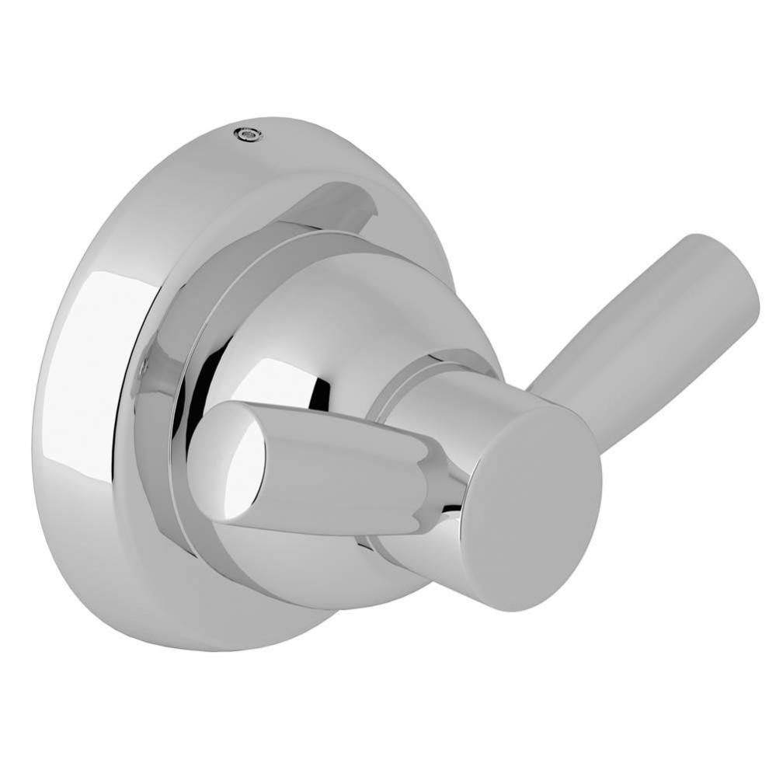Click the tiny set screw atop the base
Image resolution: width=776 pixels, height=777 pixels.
click(248, 134)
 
